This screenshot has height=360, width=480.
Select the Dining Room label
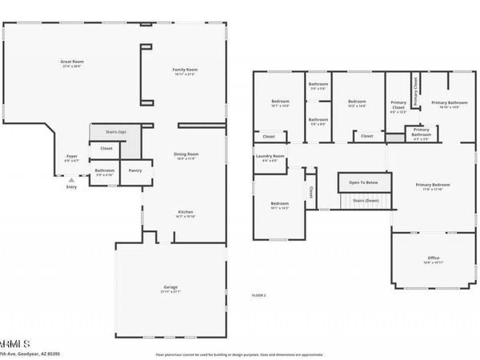coord(186,155)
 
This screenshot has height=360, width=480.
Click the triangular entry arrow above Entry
coord(71,180)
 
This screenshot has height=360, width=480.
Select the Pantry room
coord(134,170)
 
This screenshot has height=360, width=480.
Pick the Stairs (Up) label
coord(106,131)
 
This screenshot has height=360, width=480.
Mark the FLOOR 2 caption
coord(258,295)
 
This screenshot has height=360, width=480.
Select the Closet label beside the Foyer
coord(106,149)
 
